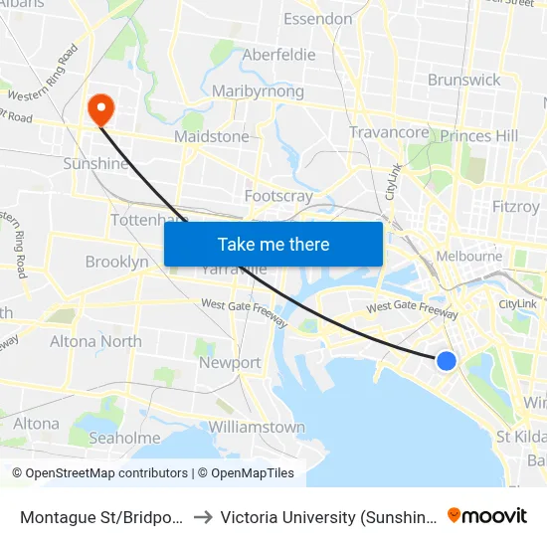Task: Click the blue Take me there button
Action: coord(273,244)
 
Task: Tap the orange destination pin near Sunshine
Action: coord(101,108)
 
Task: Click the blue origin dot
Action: coord(447,361)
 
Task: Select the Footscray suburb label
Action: coord(278,196)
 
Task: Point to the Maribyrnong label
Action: coord(258,91)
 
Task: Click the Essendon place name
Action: coord(317,19)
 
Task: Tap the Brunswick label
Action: coord(463,80)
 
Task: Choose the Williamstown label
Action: coord(257,427)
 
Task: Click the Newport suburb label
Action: coord(230,363)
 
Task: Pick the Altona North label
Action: coord(95,341)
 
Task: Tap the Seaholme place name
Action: coord(124,438)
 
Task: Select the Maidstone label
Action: coord(212,136)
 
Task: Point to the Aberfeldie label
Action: coord(278,55)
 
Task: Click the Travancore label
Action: coord(389,132)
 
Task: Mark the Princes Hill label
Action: coord(478,135)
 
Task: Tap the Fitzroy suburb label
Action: coord(515,207)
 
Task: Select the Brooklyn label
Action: coord(116,262)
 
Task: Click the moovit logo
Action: coord(487,515)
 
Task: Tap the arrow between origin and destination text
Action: coord(202,517)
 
